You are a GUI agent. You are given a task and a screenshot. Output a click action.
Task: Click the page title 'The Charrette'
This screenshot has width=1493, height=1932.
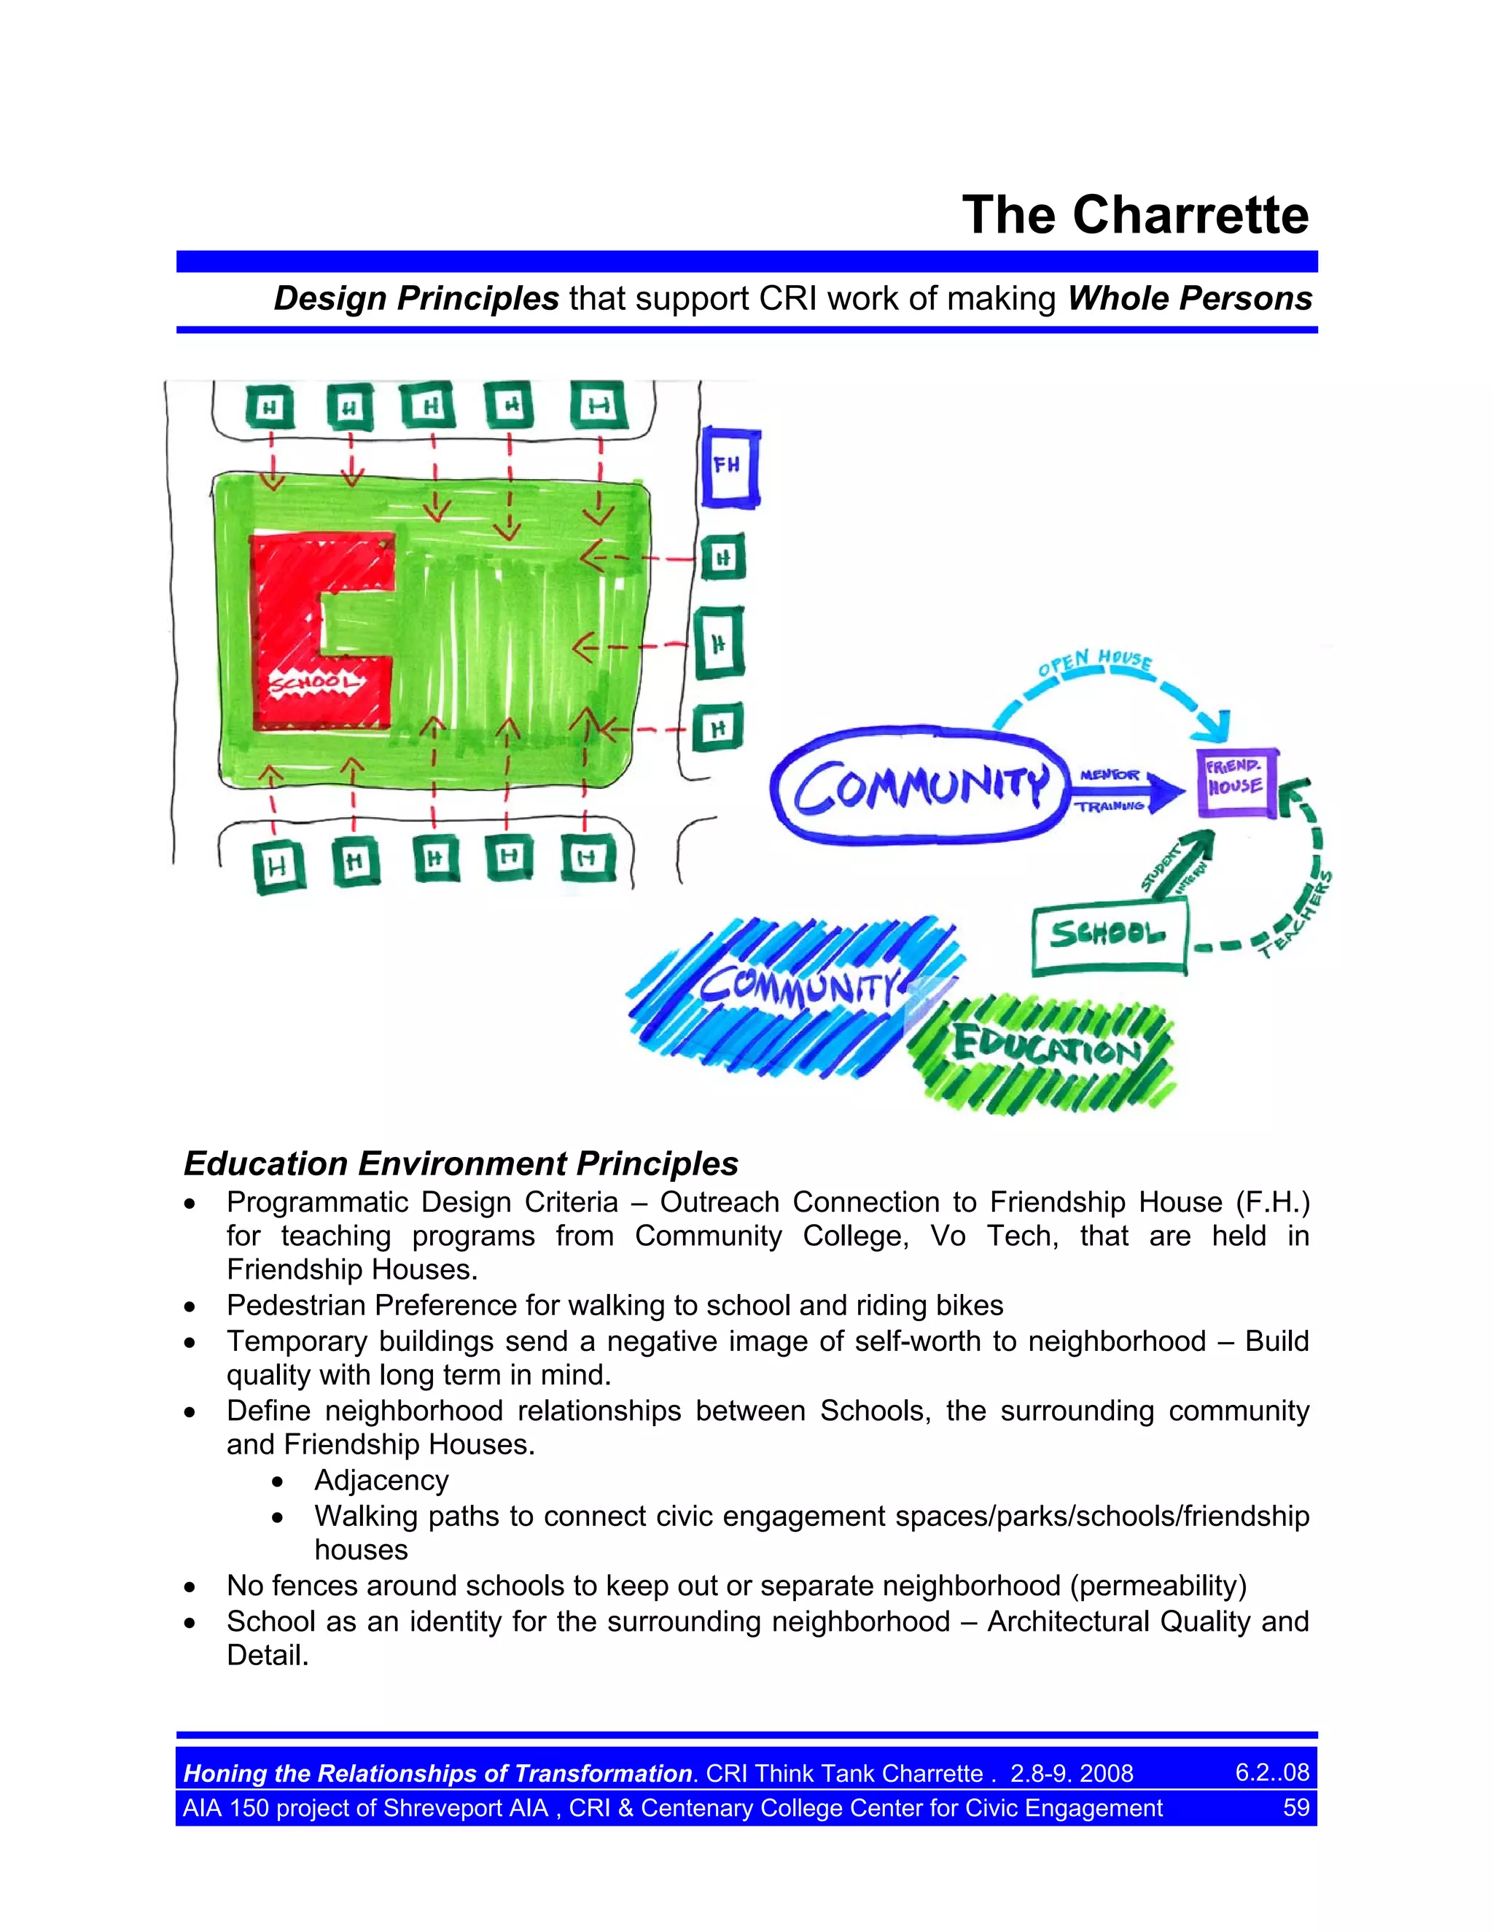pyautogui.click(x=1135, y=215)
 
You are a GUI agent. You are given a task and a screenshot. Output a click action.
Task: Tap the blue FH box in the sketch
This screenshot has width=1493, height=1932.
pyautogui.click(x=730, y=467)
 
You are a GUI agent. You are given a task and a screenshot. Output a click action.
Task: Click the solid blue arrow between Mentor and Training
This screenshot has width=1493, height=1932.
pyautogui.click(x=1132, y=790)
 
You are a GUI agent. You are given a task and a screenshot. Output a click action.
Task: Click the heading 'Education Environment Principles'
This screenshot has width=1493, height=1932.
pyautogui.click(x=461, y=1164)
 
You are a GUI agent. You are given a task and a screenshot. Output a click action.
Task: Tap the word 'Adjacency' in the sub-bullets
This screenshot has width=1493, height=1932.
pyautogui.click(x=381, y=1480)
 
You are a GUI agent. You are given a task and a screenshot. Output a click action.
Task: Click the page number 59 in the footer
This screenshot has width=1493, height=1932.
pyautogui.click(x=1295, y=1807)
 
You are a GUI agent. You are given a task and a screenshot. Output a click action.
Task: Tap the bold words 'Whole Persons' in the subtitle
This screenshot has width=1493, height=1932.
pyautogui.click(x=1190, y=298)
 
